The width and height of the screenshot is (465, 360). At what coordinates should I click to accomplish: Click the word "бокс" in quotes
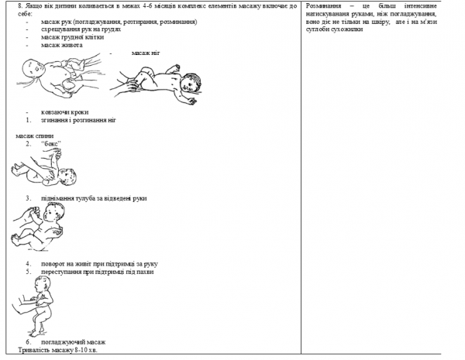[50, 144]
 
